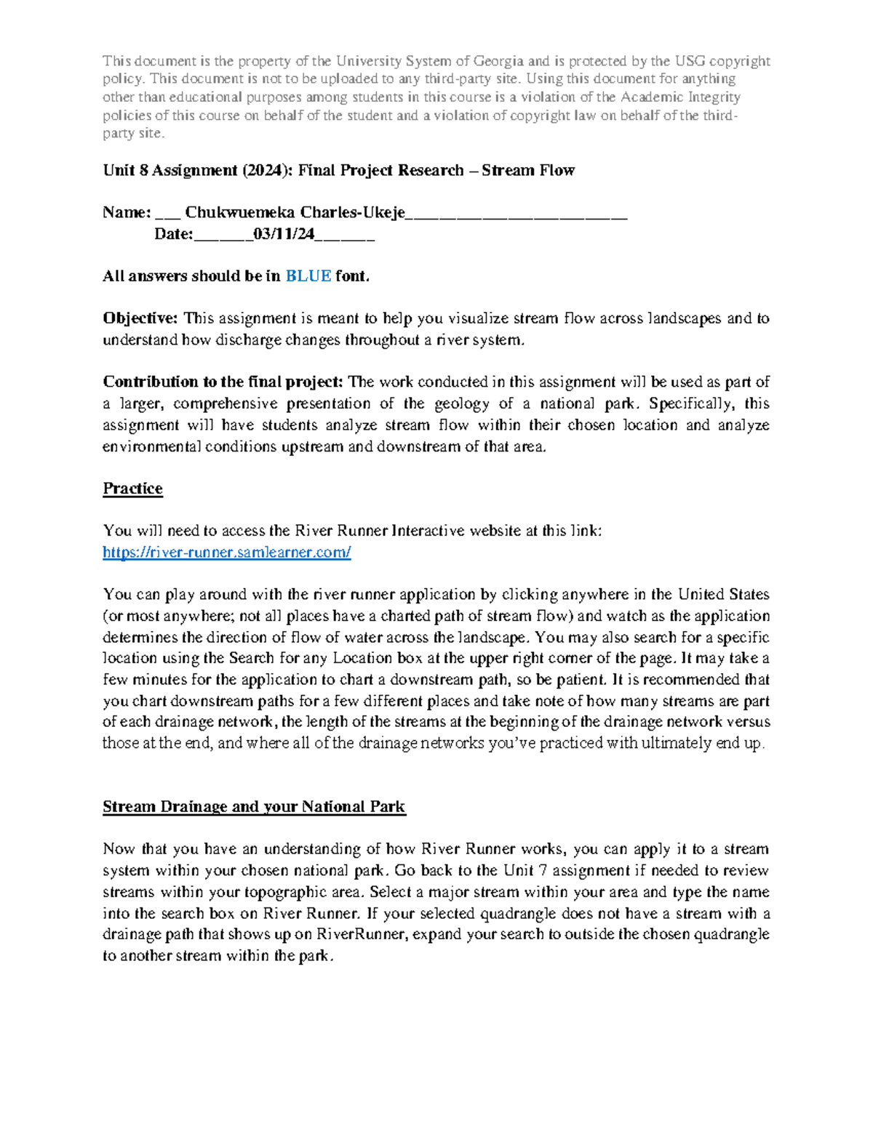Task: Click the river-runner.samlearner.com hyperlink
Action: [227, 553]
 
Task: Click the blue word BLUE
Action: [308, 276]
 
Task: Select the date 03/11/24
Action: [284, 234]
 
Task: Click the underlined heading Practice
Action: [132, 489]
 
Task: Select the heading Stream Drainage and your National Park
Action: [254, 807]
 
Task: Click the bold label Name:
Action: [127, 212]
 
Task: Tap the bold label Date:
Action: [173, 234]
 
